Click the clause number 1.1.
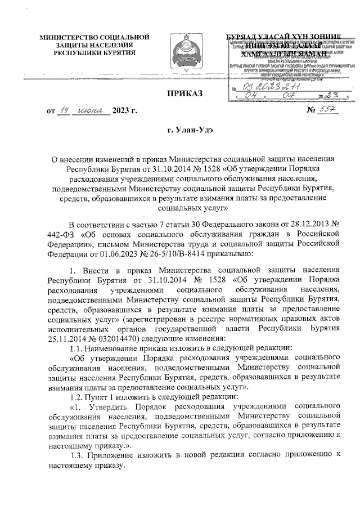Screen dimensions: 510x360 [x=74, y=348]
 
